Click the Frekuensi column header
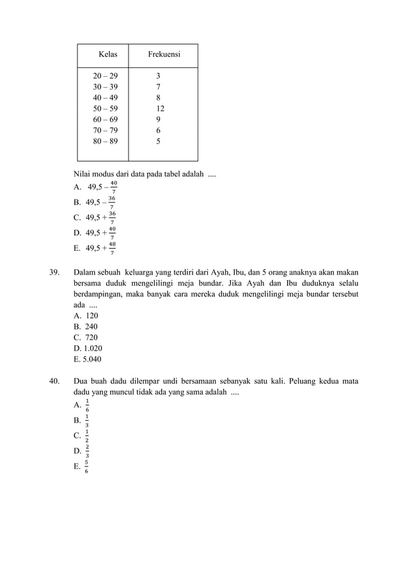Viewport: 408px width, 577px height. point(164,55)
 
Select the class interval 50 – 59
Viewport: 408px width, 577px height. point(106,109)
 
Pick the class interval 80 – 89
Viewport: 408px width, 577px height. point(106,141)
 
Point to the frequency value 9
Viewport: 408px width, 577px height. point(159,120)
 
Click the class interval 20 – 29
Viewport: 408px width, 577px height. point(106,76)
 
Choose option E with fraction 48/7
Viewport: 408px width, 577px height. point(112,248)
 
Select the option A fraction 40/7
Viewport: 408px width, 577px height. point(113,187)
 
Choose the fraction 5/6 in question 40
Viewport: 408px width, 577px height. point(86,467)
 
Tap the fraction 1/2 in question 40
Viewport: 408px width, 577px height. point(87,436)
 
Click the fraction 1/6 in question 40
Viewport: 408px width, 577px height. point(87,405)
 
